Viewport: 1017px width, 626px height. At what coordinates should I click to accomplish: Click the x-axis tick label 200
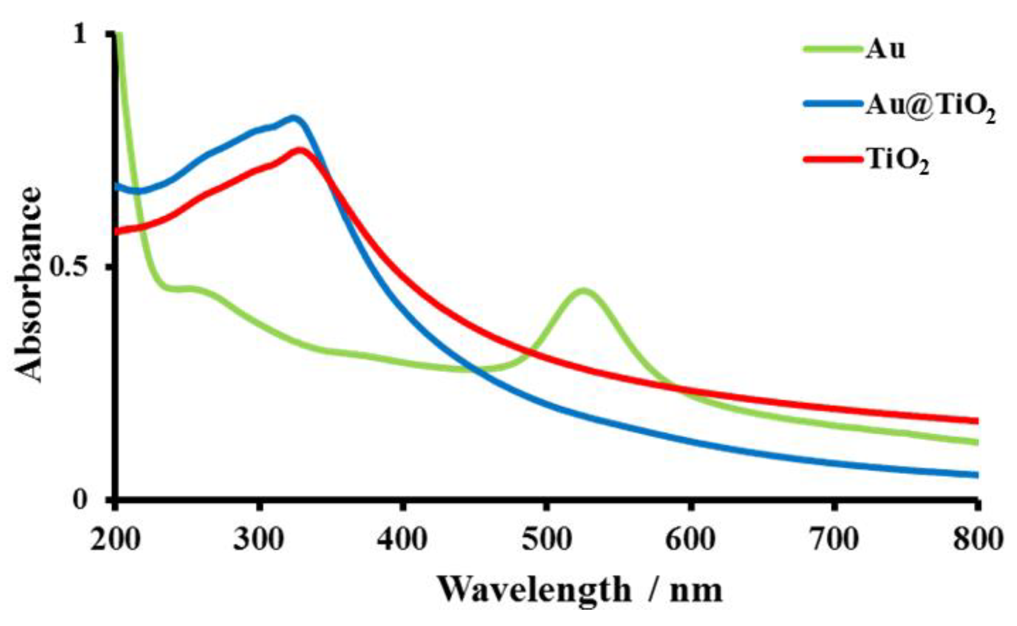(115, 540)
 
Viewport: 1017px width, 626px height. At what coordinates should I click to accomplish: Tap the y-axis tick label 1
(80, 34)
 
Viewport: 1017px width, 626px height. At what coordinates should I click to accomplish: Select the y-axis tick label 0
(80, 500)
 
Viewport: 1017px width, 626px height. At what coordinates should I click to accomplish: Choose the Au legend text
(885, 49)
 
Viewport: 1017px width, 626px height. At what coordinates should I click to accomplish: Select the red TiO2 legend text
(898, 161)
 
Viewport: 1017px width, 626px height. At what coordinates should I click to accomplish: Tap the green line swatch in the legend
(831, 48)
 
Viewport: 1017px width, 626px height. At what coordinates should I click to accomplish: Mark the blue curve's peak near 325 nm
(293, 118)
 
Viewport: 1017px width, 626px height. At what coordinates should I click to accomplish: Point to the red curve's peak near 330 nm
(301, 150)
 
